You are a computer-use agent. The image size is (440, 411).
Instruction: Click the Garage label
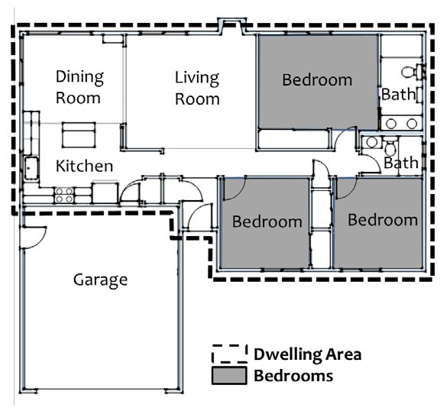101,280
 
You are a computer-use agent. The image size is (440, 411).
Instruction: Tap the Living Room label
197,88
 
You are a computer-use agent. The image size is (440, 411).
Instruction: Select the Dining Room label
79,87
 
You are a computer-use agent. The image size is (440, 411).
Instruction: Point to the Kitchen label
84,166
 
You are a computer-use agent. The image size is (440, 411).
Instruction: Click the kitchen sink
31,168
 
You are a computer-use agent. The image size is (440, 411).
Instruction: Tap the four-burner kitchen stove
64,196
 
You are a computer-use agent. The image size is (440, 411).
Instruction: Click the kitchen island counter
79,135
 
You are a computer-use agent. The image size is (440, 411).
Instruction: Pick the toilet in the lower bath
390,146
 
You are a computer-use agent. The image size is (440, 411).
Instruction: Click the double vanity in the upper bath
402,123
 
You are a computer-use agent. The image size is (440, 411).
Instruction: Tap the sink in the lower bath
372,142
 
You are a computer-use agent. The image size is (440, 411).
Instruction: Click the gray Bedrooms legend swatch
229,375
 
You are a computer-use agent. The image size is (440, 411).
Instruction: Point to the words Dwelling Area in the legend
308,354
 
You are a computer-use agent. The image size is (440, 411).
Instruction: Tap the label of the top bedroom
317,80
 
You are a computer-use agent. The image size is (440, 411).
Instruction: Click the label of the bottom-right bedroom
383,220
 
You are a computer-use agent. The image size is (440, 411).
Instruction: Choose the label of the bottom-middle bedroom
267,222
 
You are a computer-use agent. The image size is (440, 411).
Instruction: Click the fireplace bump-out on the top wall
232,26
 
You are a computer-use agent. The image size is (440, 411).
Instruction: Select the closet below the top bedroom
293,138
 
